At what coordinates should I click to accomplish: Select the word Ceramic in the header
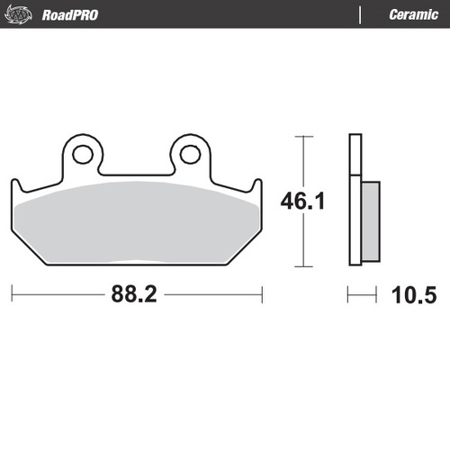413,13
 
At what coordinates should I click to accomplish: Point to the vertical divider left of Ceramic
361,13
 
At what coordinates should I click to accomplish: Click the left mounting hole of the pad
82,154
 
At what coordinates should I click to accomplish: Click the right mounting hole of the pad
190,154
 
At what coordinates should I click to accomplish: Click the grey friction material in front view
135,225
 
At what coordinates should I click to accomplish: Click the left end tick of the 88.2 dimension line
12,293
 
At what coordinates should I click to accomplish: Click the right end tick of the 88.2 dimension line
261,293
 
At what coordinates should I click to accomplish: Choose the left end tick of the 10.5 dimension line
349,293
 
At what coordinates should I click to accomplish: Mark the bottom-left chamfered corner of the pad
27,254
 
